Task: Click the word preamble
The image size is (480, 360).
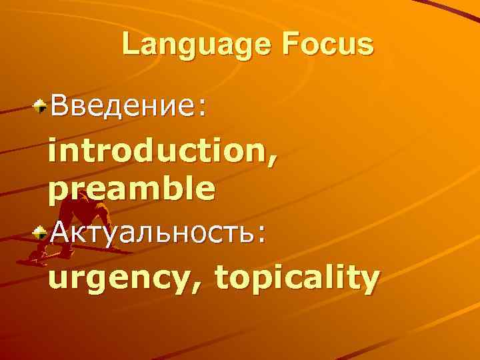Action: pos(131,189)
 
